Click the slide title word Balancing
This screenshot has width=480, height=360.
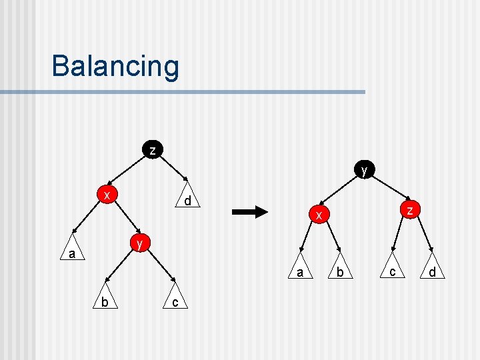115,67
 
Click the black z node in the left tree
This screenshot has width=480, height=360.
153,150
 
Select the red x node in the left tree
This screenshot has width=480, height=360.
106,194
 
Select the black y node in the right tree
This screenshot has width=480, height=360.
363,170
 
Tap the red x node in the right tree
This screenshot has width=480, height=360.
319,215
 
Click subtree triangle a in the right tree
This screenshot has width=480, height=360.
301,270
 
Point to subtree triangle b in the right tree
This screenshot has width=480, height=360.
339,270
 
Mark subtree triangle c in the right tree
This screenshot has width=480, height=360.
393,270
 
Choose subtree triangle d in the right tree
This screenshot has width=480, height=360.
432,270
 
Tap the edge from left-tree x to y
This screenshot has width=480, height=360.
125,219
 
